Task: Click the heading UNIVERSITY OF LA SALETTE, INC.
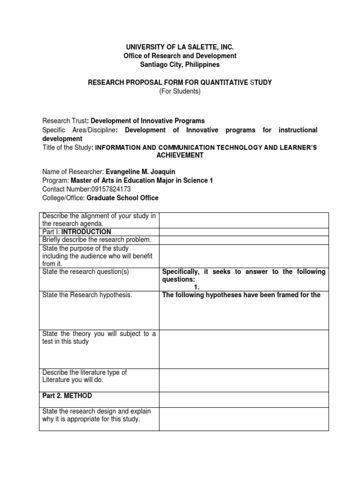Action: click(180, 47)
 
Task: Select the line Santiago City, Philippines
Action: click(180, 64)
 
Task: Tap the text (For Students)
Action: click(180, 91)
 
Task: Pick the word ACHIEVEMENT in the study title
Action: click(180, 155)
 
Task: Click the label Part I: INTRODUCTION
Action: click(77, 232)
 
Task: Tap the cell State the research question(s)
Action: click(85, 272)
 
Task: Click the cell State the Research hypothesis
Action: click(87, 295)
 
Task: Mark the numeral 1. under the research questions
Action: click(197, 286)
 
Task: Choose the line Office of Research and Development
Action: click(180, 56)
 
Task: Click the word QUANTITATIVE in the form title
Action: click(221, 82)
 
